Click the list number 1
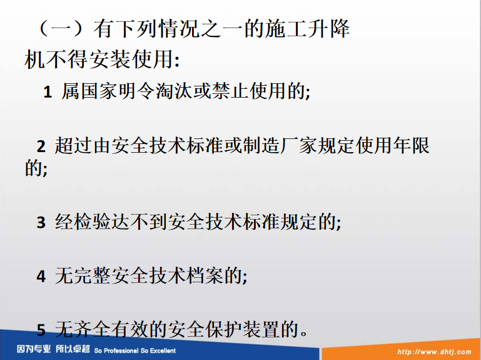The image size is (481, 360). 48,92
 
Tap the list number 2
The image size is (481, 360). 41,147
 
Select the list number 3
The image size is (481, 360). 41,222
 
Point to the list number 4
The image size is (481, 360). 41,276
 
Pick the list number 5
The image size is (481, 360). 41,330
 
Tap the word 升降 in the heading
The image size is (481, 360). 329,29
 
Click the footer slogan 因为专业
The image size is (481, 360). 34,349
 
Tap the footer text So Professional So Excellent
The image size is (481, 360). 135,351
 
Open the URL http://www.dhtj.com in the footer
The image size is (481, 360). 434,352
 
